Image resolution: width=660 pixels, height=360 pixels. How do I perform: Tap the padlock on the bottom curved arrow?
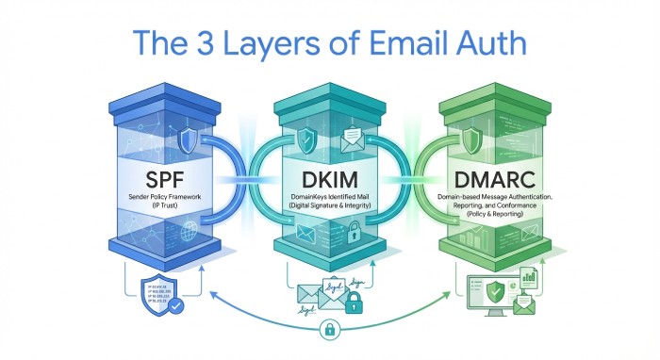tap(330, 331)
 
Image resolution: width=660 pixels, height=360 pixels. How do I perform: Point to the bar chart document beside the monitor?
tap(530, 279)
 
